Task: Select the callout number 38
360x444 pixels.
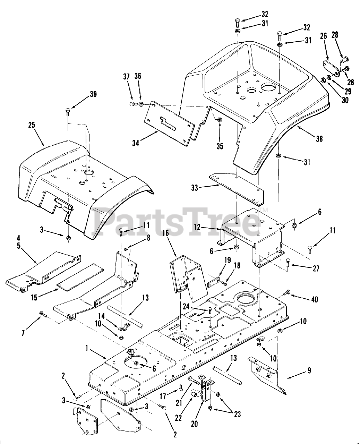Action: click(x=319, y=139)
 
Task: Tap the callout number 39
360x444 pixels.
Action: click(x=93, y=94)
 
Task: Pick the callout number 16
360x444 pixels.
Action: click(x=165, y=233)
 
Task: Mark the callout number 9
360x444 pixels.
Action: click(x=309, y=371)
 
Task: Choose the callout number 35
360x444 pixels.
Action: click(x=220, y=146)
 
